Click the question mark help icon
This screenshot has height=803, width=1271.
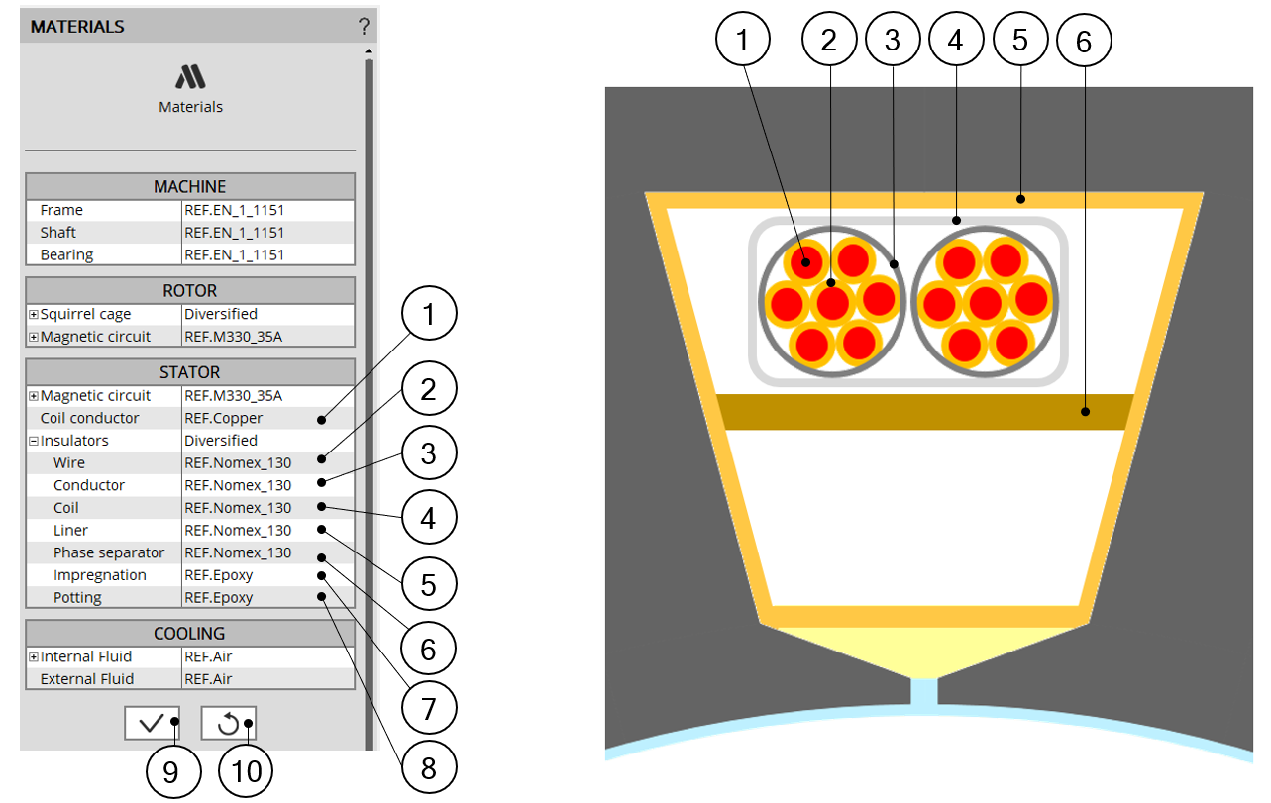364,26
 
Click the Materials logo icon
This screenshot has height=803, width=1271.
190,77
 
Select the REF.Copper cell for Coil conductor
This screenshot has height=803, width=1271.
223,418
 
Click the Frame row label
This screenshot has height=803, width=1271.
61,210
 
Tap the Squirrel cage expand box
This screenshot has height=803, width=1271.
34,314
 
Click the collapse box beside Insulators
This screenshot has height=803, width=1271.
34,441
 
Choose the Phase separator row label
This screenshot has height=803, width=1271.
108,552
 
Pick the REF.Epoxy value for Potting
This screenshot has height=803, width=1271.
219,598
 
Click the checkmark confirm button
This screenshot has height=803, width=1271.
153,723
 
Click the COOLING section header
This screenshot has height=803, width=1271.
190,633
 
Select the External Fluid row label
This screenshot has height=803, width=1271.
87,679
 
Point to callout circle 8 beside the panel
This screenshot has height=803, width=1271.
428,767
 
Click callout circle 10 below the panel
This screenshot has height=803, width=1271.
246,771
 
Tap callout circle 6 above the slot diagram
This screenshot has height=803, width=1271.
1084,41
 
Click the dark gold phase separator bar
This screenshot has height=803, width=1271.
925,412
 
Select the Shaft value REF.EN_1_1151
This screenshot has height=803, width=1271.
234,233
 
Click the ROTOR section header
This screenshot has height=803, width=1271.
190,290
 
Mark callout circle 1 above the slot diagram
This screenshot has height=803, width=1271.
743,40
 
